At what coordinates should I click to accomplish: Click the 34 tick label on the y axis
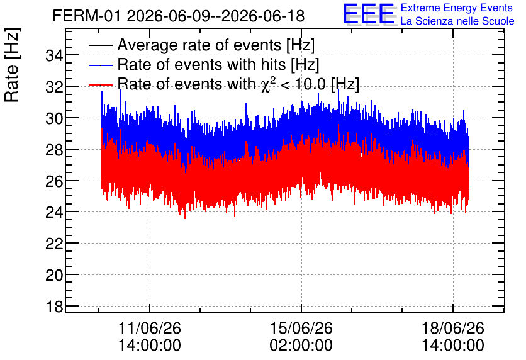pos(54,55)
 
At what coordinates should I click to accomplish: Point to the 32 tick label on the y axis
pos(54,87)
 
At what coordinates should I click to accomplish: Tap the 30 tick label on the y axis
pos(54,118)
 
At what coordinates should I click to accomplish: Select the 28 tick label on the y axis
pos(54,150)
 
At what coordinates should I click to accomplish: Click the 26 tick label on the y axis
pos(54,181)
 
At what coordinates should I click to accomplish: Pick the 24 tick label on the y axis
pos(54,212)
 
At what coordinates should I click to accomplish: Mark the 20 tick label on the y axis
pos(54,275)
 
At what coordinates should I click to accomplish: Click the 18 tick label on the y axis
pos(54,307)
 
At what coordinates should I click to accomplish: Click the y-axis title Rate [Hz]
pos(12,65)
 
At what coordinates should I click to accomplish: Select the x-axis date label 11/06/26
pos(150,328)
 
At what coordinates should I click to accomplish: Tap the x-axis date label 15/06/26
pos(301,328)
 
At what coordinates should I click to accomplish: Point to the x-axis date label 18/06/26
pos(452,328)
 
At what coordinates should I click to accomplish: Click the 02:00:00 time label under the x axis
pos(301,346)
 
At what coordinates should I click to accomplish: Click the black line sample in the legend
pos(100,45)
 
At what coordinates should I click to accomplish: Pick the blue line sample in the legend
pos(100,65)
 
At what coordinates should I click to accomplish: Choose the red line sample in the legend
pos(100,84)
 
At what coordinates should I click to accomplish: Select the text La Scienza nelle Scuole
pos(457,21)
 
